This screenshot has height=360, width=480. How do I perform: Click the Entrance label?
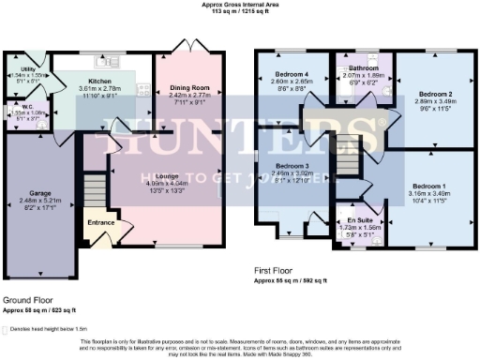(x=101, y=222)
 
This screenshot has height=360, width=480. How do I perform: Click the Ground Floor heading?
(x=28, y=300)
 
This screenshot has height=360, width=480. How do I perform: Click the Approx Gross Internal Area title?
(x=239, y=4)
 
